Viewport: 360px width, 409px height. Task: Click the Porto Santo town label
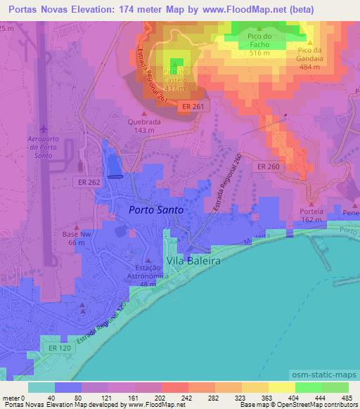(155, 209)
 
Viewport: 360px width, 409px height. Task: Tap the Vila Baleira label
(193, 261)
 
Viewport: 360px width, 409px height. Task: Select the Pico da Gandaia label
(314, 55)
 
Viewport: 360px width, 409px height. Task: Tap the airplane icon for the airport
(44, 130)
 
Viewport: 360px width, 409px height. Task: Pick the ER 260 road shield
(268, 167)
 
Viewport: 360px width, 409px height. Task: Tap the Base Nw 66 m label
(73, 238)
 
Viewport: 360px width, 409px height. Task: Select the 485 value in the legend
(348, 398)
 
